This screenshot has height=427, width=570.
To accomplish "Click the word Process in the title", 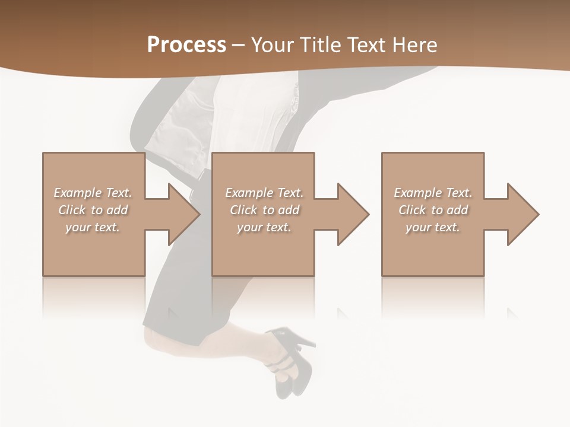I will (186, 45).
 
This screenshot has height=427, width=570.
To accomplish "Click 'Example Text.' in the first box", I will (93, 193).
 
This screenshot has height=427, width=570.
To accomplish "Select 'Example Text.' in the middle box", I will (264, 193).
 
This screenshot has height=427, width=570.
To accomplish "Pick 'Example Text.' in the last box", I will (433, 193).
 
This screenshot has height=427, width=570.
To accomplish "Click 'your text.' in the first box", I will (93, 227).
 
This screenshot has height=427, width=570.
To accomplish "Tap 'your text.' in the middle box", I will (264, 227).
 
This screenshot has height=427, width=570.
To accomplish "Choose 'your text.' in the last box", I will (433, 227).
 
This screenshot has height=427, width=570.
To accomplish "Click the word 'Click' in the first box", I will (72, 210).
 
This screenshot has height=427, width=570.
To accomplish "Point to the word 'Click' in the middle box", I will (243, 210).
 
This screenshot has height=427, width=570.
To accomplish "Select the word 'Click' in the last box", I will (412, 210).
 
